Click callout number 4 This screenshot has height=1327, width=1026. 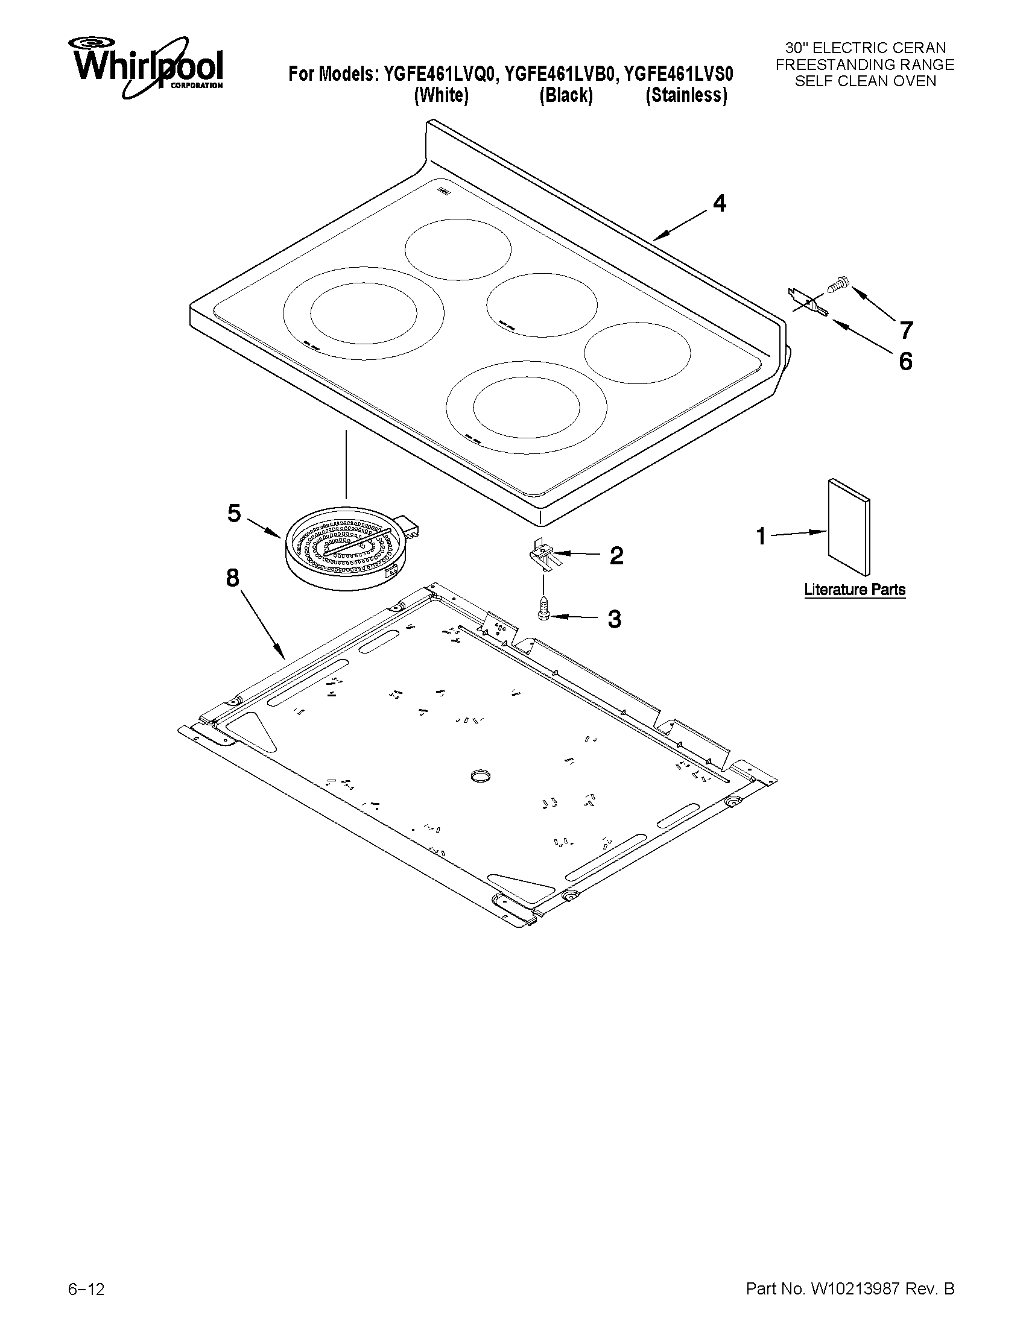point(719,204)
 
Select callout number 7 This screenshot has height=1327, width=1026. point(905,330)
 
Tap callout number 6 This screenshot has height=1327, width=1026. point(905,362)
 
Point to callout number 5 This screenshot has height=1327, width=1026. point(234,514)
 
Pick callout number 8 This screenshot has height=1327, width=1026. point(232,578)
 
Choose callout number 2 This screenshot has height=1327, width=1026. point(616,555)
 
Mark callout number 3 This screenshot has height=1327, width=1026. point(615,619)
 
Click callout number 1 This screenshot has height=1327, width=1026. point(761,537)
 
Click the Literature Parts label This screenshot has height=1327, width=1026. point(855,590)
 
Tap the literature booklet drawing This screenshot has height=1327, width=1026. point(849,526)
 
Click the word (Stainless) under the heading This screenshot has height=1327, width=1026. point(686,95)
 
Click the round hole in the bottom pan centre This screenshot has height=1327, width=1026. point(480,775)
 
